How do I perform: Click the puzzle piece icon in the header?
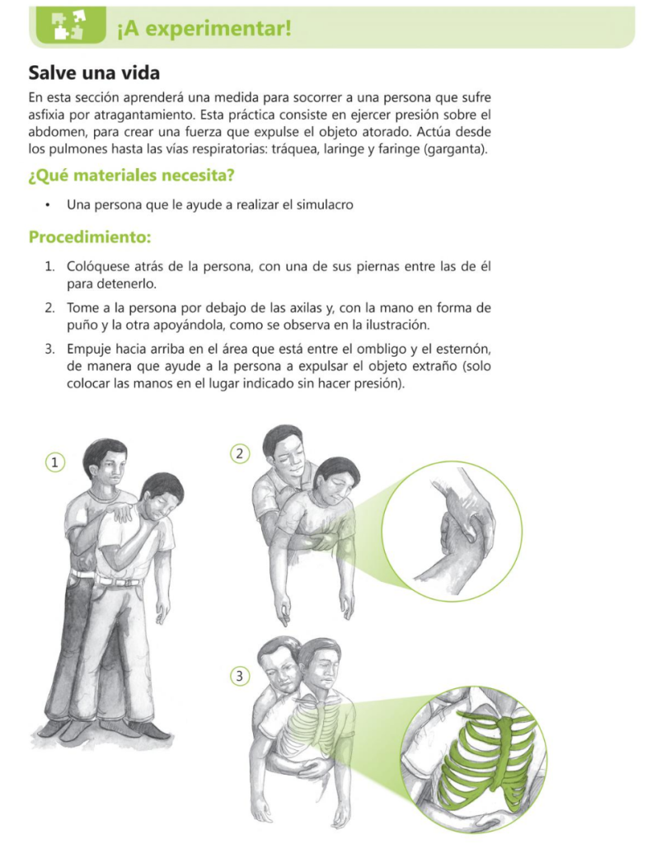(x=68, y=26)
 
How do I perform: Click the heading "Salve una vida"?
(x=94, y=73)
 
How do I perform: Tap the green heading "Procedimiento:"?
(x=90, y=237)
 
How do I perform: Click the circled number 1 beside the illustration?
(x=54, y=462)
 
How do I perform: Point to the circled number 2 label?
(x=240, y=454)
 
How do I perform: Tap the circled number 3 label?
(x=240, y=676)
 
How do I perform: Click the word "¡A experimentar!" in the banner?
(x=204, y=29)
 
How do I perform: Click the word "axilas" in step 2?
(x=305, y=308)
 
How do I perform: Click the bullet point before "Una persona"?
(x=49, y=205)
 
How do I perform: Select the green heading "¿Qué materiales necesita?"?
(x=131, y=176)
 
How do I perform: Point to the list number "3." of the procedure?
(x=50, y=349)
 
